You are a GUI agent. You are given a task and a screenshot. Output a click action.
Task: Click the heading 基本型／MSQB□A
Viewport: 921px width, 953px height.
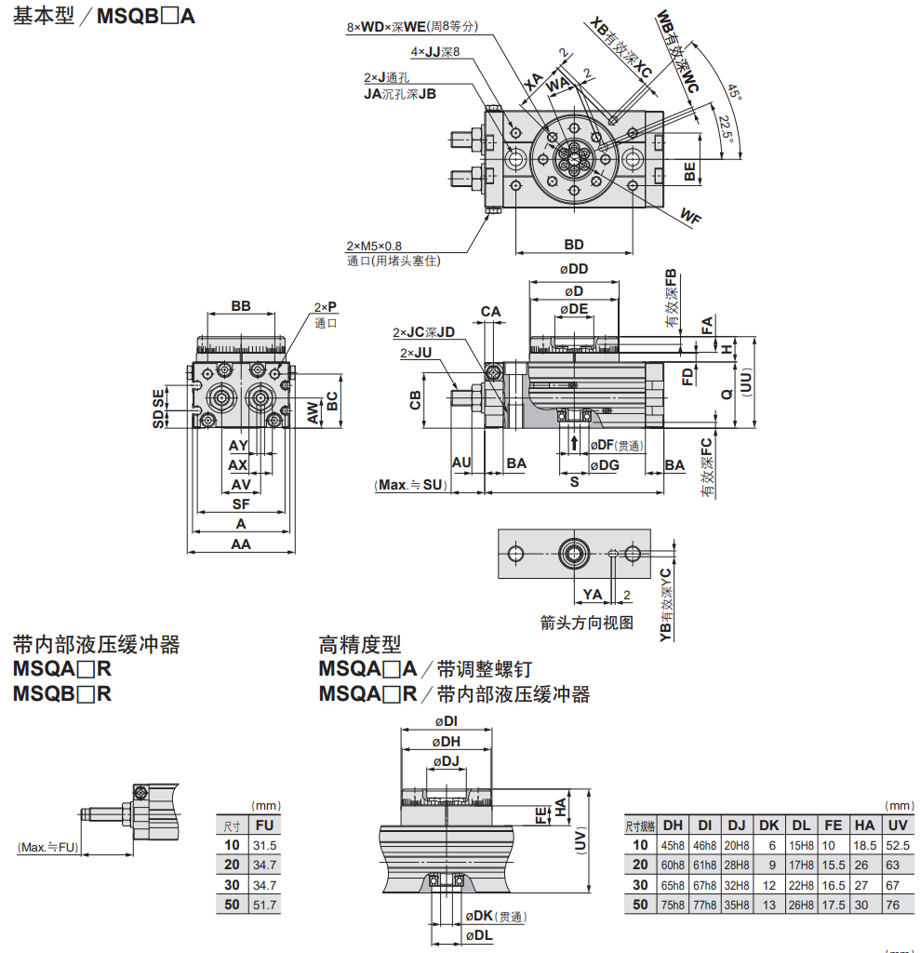[x=104, y=16]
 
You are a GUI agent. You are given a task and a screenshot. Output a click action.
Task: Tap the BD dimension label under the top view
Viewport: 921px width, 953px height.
[x=574, y=244]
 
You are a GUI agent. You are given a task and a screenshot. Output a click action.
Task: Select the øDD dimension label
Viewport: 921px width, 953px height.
[x=574, y=269]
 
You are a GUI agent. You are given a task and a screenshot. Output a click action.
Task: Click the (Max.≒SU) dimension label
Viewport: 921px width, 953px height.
[x=409, y=485]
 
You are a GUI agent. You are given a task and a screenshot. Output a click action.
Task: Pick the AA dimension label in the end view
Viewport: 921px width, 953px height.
[x=241, y=544]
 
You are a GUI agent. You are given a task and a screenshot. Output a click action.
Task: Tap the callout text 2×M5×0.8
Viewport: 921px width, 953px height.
[x=374, y=246]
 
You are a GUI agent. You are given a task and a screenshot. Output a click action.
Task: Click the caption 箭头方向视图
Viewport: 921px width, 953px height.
[x=586, y=623]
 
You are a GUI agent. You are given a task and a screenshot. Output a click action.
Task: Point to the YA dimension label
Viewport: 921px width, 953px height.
[x=592, y=595]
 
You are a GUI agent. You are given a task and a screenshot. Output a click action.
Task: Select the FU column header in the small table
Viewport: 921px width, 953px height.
[x=265, y=825]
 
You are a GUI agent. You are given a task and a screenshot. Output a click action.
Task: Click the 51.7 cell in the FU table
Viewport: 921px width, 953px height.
[x=265, y=904]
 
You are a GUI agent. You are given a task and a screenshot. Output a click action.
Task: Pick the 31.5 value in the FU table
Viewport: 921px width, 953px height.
[x=265, y=845]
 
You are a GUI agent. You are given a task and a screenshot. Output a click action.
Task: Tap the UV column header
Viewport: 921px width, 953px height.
[x=897, y=825]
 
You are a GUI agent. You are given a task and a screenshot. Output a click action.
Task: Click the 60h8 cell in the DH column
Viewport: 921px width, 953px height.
[x=673, y=865]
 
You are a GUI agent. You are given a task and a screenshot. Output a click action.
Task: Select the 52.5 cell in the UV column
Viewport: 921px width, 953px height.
[x=897, y=845]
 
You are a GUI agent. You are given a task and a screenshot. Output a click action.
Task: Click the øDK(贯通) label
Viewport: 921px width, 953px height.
[x=493, y=916]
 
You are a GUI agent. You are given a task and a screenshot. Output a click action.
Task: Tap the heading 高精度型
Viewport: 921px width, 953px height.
[x=360, y=644]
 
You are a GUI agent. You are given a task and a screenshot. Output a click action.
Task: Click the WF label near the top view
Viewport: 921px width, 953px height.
[x=689, y=217]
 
